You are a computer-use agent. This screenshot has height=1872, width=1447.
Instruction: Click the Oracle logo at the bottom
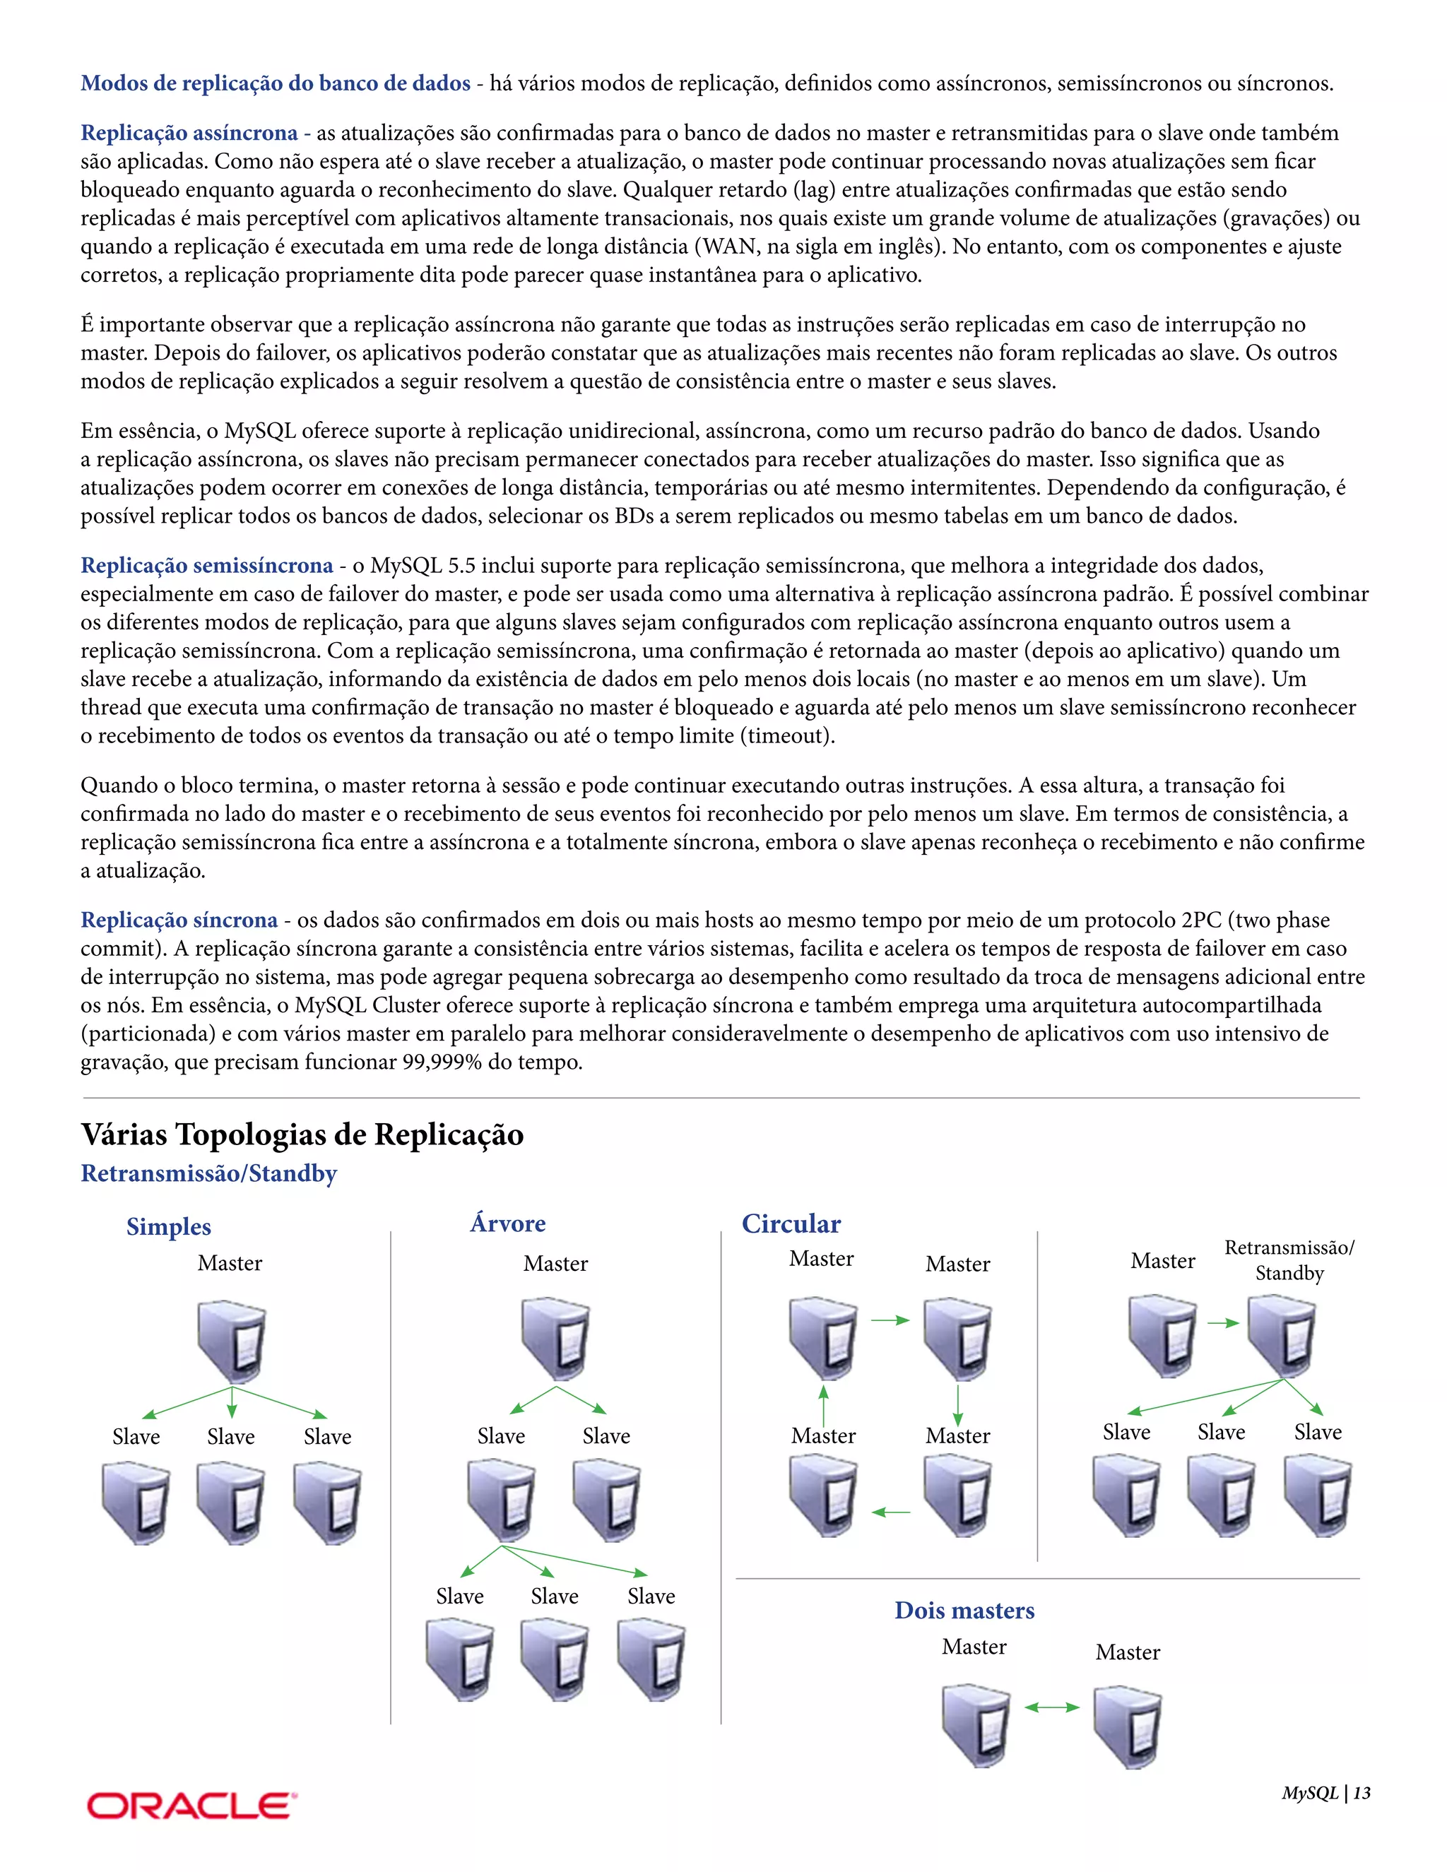pyautogui.click(x=191, y=1805)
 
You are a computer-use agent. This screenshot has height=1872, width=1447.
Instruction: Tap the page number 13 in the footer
pyautogui.click(x=1362, y=1793)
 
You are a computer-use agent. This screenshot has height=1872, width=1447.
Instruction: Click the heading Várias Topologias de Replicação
pyautogui.click(x=302, y=1134)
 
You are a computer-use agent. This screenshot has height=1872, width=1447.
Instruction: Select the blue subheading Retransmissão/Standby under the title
pyautogui.click(x=208, y=1173)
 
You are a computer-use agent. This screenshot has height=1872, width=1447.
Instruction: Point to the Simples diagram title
pyautogui.click(x=168, y=1226)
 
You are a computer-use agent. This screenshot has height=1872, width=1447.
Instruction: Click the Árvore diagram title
pyautogui.click(x=507, y=1223)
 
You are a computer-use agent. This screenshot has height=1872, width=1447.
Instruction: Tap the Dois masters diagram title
pyautogui.click(x=964, y=1611)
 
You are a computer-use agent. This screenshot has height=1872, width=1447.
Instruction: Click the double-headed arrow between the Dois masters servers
pyautogui.click(x=1052, y=1707)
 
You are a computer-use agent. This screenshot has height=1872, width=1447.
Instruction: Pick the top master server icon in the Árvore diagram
pyautogui.click(x=555, y=1338)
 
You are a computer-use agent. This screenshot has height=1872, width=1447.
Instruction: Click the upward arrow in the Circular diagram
pyautogui.click(x=824, y=1405)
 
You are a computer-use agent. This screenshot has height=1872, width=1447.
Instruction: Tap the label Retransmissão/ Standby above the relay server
pyautogui.click(x=1289, y=1260)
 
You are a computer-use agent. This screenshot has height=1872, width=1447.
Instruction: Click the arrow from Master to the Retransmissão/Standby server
pyautogui.click(x=1223, y=1322)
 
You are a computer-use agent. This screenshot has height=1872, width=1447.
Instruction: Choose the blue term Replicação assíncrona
pyautogui.click(x=189, y=133)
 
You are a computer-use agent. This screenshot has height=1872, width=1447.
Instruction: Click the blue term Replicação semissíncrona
pyautogui.click(x=206, y=566)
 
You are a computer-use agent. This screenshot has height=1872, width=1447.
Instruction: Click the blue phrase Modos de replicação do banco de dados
pyautogui.click(x=275, y=83)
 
